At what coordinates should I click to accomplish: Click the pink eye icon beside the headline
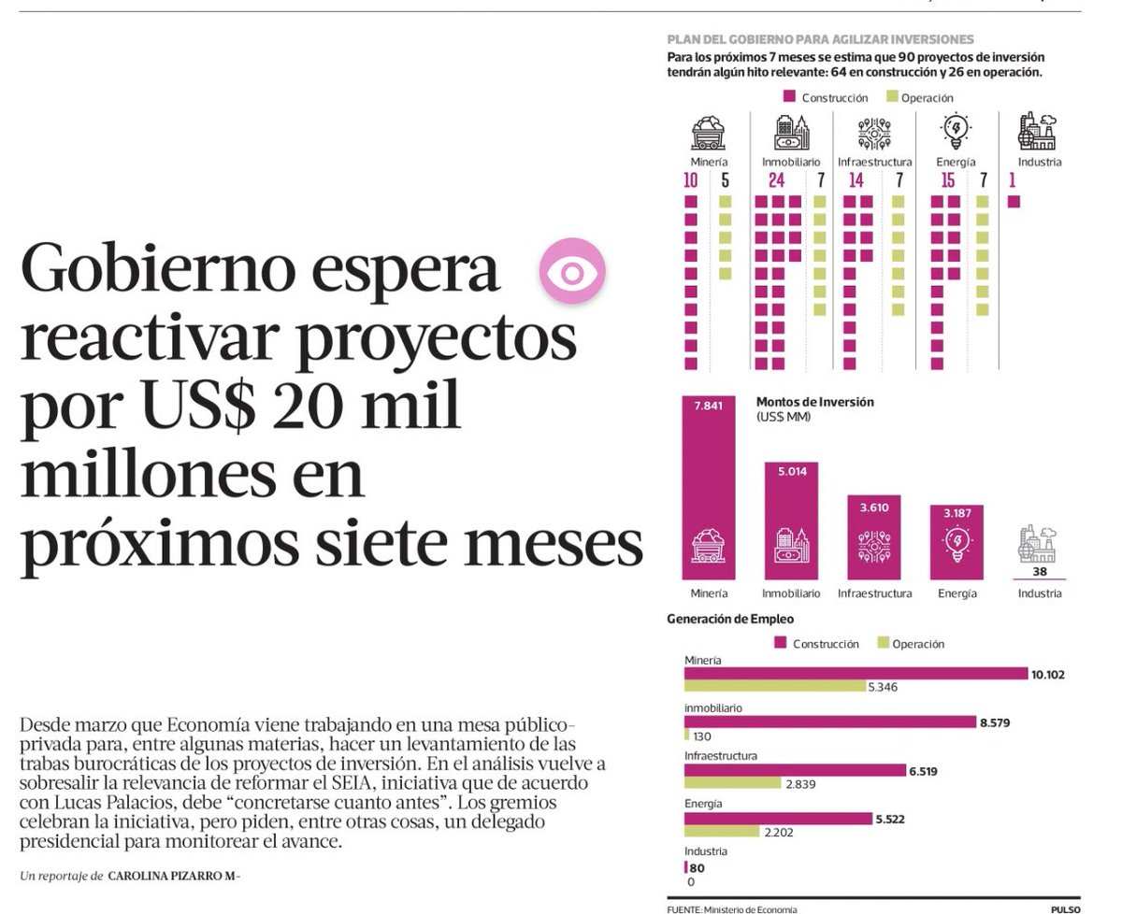(572, 272)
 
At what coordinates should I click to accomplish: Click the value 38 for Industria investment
(1039, 571)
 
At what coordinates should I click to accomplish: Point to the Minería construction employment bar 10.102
(856, 674)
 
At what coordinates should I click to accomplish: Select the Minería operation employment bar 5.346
(774, 687)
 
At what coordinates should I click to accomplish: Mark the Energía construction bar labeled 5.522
(777, 819)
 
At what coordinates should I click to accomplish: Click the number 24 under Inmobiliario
(776, 180)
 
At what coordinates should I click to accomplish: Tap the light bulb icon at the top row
(956, 132)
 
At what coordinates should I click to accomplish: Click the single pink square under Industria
(1014, 201)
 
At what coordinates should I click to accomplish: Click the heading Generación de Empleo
(729, 619)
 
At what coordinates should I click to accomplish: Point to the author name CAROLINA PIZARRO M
(173, 876)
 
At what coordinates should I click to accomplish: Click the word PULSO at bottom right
(1064, 908)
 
